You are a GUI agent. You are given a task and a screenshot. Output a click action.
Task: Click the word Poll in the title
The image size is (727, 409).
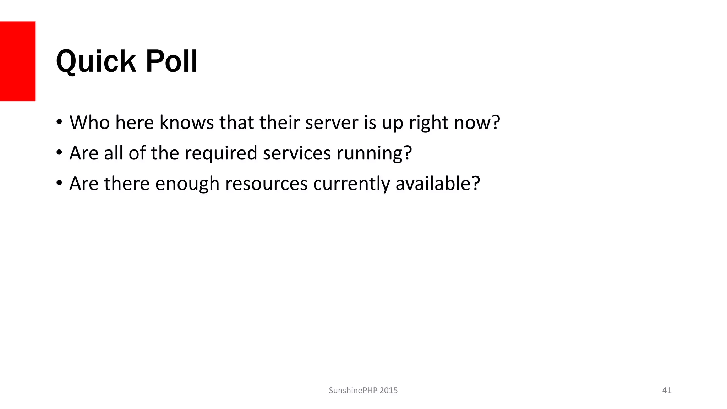pyautogui.click(x=171, y=61)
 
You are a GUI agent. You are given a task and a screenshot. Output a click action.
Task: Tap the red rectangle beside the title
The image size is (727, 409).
pyautogui.click(x=18, y=61)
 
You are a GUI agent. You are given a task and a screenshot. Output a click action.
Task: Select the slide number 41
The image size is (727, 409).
pyautogui.click(x=667, y=391)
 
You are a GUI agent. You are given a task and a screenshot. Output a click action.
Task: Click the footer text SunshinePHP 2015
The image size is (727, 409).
pyautogui.click(x=363, y=391)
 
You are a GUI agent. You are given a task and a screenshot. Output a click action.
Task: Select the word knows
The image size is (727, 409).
pyautogui.click(x=186, y=122)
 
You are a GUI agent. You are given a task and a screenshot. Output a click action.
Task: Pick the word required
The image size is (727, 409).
pyautogui.click(x=221, y=153)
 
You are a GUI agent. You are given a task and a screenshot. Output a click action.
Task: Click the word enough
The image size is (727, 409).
pyautogui.click(x=187, y=184)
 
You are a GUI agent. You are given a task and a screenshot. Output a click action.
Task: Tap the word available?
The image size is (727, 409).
pyautogui.click(x=438, y=184)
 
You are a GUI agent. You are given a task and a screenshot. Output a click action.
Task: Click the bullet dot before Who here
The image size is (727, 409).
pyautogui.click(x=59, y=122)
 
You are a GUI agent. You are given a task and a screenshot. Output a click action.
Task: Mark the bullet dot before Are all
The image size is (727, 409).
pyautogui.click(x=59, y=153)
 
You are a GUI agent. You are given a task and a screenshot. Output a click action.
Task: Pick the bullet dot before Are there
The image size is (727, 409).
pyautogui.click(x=59, y=183)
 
